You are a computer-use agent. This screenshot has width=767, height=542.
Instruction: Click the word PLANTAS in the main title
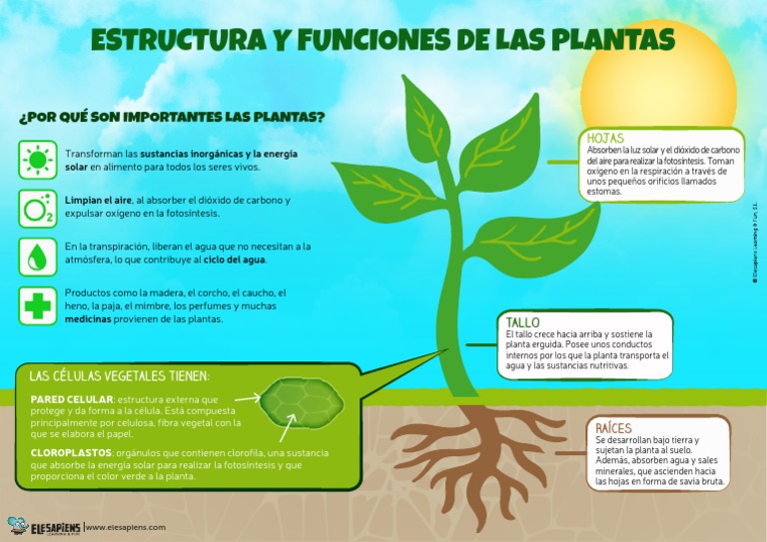coord(618,39)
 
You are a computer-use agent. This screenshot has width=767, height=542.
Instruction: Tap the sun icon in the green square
coord(38,160)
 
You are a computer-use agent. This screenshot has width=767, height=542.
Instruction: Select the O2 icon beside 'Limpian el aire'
coord(38,207)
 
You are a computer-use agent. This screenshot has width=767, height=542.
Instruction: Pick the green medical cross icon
coord(38,304)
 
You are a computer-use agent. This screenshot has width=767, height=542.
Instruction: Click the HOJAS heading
coord(605,138)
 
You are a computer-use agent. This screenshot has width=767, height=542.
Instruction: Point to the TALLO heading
coord(522,322)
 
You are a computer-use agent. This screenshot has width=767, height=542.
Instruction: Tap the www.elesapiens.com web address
coord(127,526)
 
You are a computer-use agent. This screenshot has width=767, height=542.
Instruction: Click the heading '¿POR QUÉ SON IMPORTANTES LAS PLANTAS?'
coord(172,117)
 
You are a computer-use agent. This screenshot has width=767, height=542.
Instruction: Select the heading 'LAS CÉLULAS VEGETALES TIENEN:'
coord(120,376)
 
